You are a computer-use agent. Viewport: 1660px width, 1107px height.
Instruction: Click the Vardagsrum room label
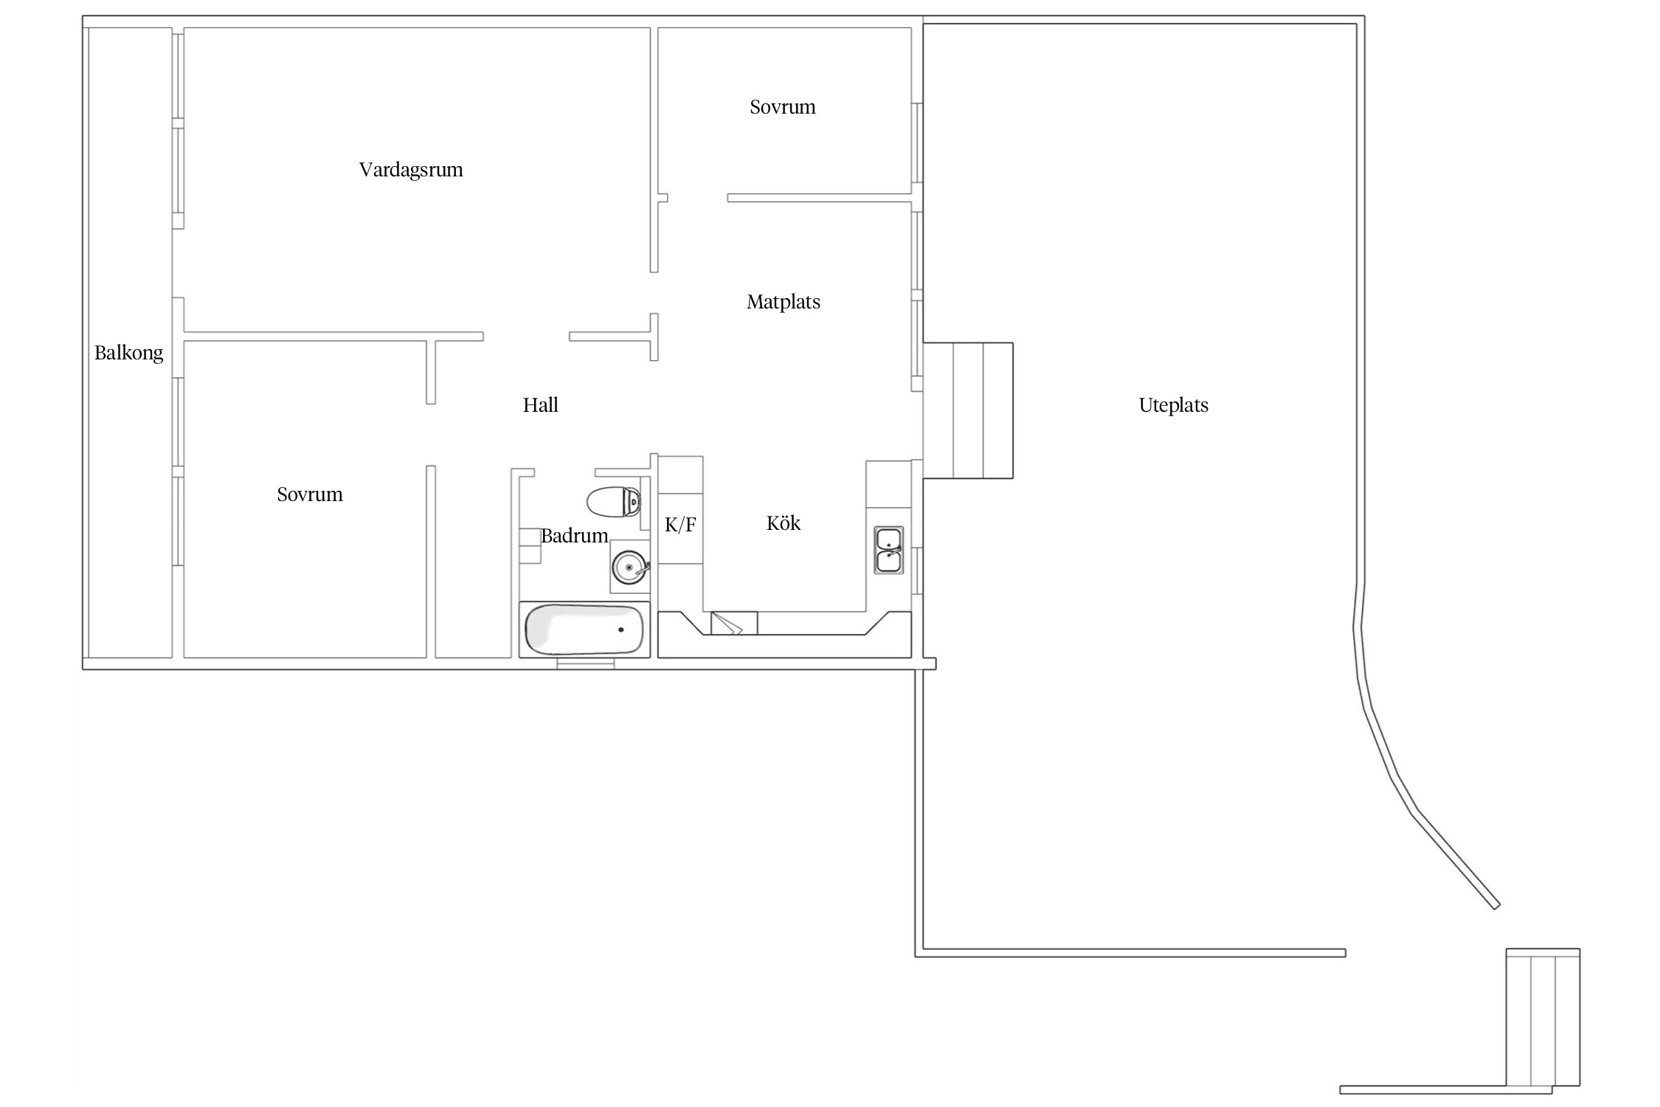(411, 170)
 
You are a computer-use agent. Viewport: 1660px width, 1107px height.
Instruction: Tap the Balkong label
(129, 353)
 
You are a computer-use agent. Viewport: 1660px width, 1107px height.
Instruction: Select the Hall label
(541, 404)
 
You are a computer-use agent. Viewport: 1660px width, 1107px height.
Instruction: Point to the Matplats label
(784, 301)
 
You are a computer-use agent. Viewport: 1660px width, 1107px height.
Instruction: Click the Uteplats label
(1174, 404)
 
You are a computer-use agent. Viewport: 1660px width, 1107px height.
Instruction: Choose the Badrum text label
(575, 535)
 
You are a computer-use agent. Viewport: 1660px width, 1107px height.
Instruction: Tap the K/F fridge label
(680, 525)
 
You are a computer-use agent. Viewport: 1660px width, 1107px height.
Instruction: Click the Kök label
(784, 523)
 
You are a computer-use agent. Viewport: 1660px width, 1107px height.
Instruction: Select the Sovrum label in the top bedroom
(783, 107)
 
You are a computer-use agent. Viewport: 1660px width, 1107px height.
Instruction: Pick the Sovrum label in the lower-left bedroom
(310, 494)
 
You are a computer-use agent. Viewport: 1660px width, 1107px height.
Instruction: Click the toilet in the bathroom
(614, 502)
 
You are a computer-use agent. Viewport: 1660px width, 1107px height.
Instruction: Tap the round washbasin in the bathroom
(630, 568)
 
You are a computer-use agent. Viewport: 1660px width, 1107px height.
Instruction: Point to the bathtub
(584, 630)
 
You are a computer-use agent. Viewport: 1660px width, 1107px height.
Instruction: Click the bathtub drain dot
(621, 630)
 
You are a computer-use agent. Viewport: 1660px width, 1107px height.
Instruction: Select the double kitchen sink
(889, 550)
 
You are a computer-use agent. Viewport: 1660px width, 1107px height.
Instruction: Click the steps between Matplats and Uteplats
(968, 410)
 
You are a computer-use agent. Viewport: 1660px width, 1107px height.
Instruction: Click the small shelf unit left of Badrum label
(530, 546)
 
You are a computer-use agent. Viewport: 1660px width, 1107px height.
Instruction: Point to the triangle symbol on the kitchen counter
(727, 623)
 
